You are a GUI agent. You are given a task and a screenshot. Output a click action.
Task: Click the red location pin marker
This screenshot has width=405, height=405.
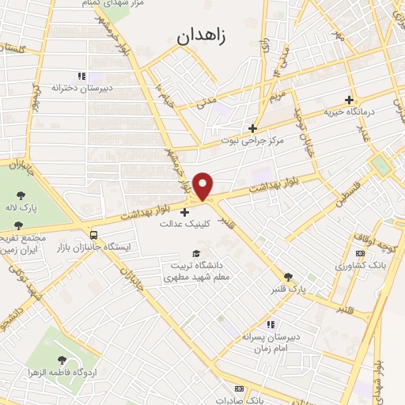pyautogui.click(x=203, y=186)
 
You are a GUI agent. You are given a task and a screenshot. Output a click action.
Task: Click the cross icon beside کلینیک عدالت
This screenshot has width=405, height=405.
pyautogui.click(x=185, y=212)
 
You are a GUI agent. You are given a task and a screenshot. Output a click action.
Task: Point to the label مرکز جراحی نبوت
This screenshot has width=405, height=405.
pyautogui.click(x=252, y=141)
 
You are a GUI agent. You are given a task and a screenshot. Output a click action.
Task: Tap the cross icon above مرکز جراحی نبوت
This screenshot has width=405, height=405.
pyautogui.click(x=252, y=128)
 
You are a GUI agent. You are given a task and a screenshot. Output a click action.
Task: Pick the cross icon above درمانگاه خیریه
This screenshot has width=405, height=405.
pyautogui.click(x=350, y=100)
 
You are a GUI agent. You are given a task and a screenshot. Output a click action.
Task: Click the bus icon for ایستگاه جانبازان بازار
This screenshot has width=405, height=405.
pyautogui.click(x=94, y=235)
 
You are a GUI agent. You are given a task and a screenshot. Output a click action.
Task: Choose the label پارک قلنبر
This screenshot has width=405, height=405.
pyautogui.click(x=287, y=290)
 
